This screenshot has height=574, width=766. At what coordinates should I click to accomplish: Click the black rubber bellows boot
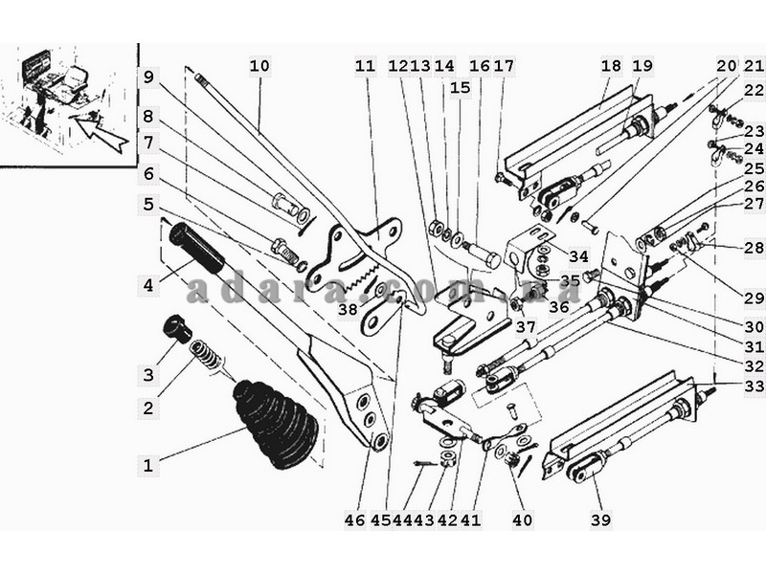[276, 425]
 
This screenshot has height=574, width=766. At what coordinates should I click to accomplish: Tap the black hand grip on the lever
[196, 248]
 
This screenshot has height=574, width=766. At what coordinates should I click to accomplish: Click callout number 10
[259, 65]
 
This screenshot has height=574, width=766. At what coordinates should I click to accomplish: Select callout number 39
[601, 519]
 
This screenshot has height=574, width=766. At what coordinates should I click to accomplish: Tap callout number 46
[354, 520]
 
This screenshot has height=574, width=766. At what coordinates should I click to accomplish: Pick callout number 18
[611, 65]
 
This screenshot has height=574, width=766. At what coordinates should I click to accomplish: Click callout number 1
[148, 465]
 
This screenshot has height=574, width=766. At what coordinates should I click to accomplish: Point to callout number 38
[349, 309]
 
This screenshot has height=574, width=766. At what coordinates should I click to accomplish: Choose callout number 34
[578, 255]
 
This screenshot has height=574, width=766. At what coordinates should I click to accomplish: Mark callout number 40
[522, 520]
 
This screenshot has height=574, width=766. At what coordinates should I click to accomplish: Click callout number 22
[755, 90]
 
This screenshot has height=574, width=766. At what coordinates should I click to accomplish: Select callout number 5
[148, 204]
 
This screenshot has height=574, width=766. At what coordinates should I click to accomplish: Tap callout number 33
[755, 386]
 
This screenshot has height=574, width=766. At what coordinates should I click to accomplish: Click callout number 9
[148, 77]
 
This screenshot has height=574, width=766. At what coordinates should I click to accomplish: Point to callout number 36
[559, 306]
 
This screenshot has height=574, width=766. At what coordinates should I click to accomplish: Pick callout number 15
[460, 88]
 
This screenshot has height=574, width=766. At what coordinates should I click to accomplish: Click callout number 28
[755, 247]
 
